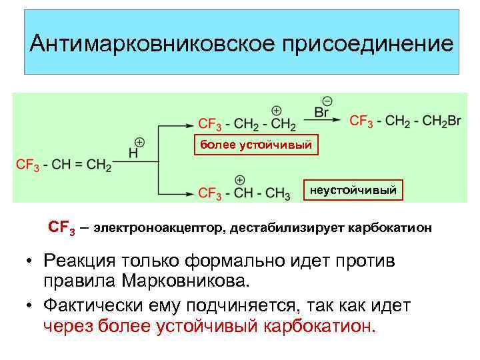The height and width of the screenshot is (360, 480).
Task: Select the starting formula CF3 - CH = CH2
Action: point(63,164)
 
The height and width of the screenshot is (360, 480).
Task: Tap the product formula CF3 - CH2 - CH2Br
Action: point(405,121)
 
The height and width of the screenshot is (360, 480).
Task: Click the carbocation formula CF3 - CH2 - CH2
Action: point(247,124)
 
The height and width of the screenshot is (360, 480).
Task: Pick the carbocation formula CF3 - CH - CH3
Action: point(244,193)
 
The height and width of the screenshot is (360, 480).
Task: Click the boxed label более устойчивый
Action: point(256,145)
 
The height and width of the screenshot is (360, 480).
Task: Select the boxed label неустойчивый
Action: point(353,191)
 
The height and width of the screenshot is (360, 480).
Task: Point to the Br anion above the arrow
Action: point(322,113)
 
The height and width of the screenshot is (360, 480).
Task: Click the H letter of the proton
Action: point(133,153)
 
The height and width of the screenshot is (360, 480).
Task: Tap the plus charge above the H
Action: point(139,142)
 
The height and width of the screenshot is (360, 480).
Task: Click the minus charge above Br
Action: point(327,101)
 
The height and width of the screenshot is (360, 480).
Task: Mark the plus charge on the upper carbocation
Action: point(276,111)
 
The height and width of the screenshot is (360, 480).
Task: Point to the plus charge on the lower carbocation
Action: point(240,180)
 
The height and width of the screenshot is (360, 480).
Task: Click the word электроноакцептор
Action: point(159,228)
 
